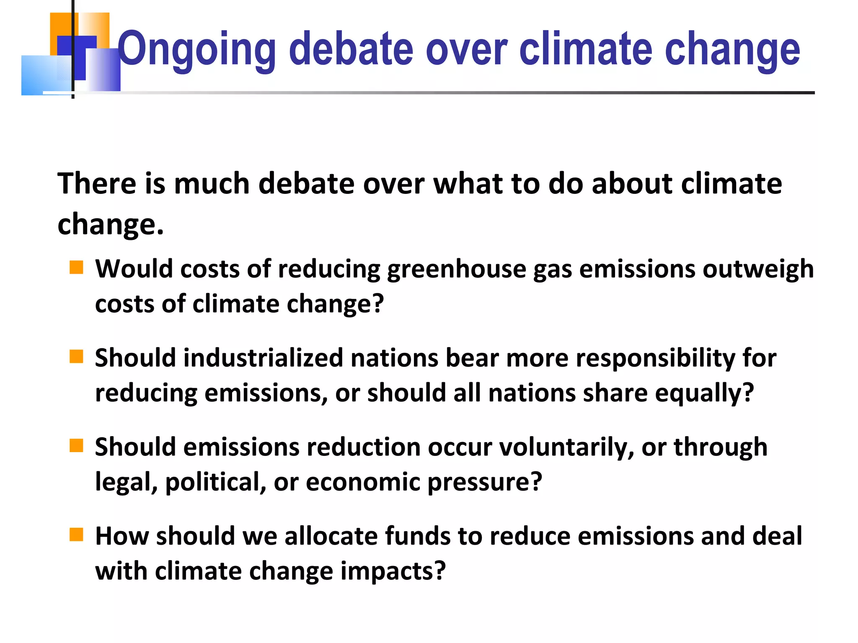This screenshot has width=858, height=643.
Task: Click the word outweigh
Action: (758, 269)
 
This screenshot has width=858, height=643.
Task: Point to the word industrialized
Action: (263, 358)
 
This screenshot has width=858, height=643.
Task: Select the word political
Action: (216, 482)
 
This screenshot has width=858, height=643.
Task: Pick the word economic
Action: (363, 482)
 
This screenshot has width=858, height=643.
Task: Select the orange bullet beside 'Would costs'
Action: (76, 267)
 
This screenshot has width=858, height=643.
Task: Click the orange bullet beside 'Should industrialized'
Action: (76, 357)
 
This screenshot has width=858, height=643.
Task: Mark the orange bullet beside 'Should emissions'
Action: (76, 446)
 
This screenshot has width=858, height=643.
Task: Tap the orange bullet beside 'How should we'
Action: (76, 535)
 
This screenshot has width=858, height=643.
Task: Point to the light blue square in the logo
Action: (40, 75)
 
